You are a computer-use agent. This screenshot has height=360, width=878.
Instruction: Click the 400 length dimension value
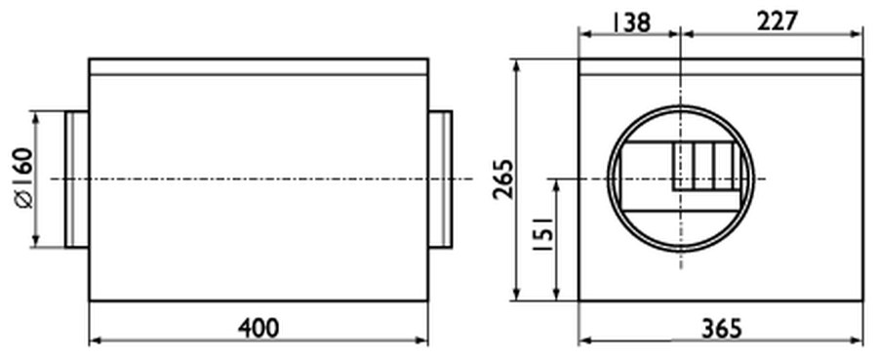259,328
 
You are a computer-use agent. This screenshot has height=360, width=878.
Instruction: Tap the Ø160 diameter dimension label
24,178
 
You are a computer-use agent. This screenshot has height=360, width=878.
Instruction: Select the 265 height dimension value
502,180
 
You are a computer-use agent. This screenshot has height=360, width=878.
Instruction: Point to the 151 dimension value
544,233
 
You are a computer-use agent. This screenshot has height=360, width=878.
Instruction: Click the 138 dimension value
631,22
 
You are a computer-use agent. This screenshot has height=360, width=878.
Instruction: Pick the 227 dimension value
777,21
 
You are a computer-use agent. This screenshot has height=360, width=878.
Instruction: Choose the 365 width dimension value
721,329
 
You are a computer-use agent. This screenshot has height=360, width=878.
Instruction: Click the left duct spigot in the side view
77,180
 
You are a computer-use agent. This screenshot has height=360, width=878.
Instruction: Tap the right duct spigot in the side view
440,180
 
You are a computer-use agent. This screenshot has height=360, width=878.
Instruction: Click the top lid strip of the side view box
259,66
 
